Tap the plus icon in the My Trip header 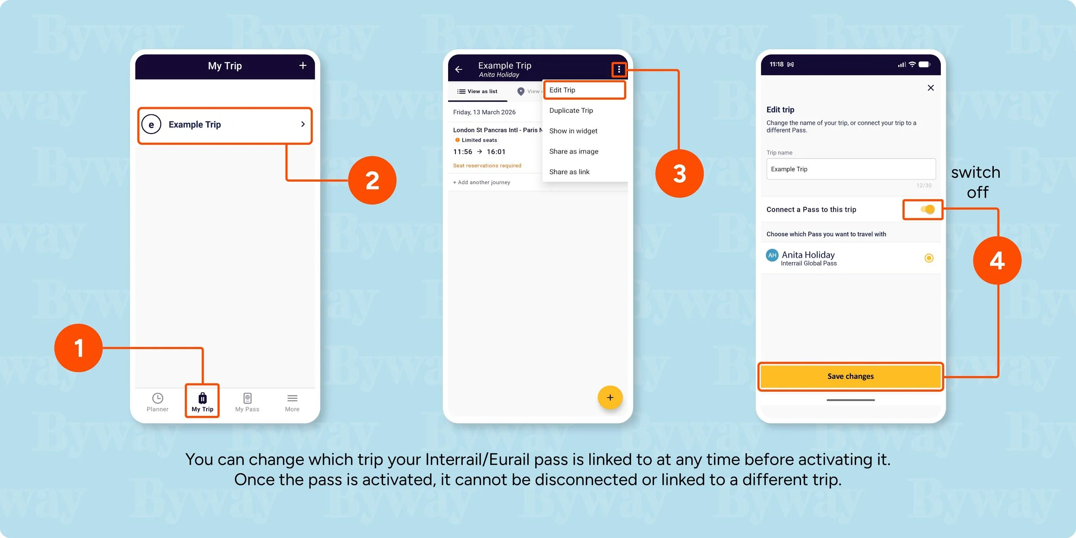click(x=303, y=65)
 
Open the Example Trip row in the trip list click(x=225, y=125)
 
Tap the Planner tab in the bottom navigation click(x=158, y=402)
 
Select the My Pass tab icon click(x=247, y=398)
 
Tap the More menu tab click(x=292, y=402)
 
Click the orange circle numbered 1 click(x=78, y=348)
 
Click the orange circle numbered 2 click(x=372, y=180)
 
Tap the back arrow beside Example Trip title click(x=459, y=69)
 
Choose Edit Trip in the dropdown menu click(x=562, y=90)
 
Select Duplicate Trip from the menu click(x=571, y=111)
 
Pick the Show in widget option click(x=573, y=131)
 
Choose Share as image click(x=574, y=152)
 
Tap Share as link click(x=569, y=172)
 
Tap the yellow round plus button click(x=610, y=397)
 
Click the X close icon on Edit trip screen click(x=931, y=88)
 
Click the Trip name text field click(x=851, y=169)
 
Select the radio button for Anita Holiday click(x=929, y=258)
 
